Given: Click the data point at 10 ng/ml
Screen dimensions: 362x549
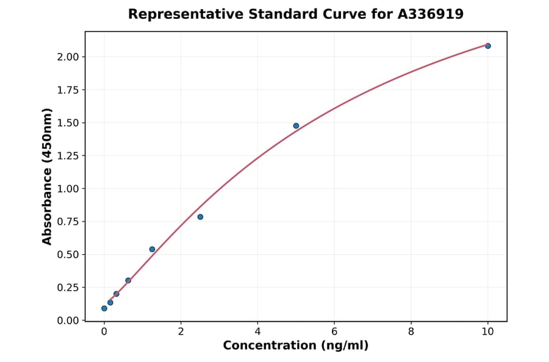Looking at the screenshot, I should [487, 46].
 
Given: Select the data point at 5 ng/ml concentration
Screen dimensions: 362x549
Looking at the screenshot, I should [296, 126].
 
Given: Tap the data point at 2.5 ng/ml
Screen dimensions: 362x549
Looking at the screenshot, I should [200, 217].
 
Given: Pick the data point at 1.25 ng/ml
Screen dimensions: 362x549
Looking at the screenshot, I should [152, 249].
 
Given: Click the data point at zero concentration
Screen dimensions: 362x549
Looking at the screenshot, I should [104, 308].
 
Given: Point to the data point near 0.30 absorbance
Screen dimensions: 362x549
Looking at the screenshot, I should [128, 280].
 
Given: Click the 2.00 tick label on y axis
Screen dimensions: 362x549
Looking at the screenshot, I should [68, 57].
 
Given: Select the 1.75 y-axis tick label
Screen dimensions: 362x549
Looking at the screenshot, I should [68, 90].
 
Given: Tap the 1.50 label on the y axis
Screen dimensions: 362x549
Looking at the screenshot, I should [68, 123].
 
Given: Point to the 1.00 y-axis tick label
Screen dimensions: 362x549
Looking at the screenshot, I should [68, 189].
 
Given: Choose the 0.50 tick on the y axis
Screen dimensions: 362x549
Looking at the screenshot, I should [68, 255].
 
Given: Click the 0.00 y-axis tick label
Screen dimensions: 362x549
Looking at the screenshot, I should [68, 321].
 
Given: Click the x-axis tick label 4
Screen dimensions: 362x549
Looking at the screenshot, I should [257, 332].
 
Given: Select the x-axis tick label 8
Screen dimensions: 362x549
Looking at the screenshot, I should [411, 332].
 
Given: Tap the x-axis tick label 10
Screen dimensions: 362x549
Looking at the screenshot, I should [487, 332].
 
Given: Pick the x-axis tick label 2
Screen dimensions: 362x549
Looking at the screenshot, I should [181, 332].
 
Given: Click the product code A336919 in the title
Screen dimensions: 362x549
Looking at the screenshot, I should [431, 14].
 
